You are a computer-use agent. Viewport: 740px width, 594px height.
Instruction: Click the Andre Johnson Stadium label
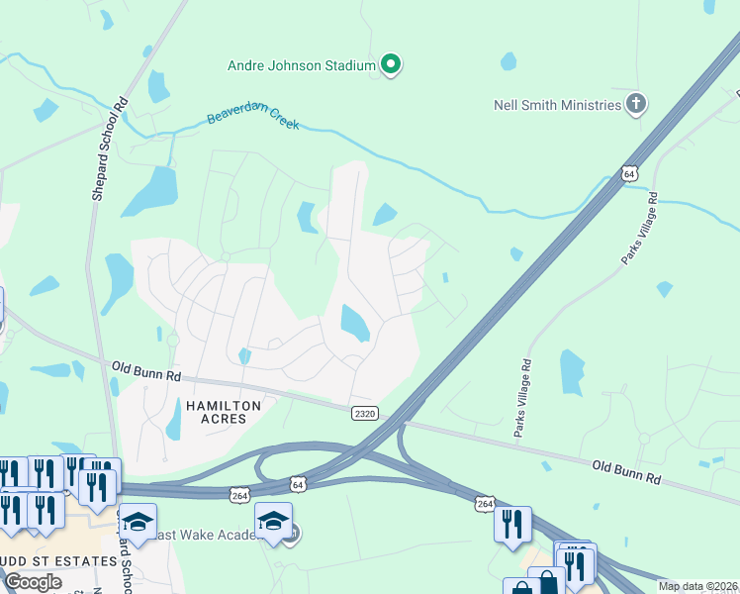302,66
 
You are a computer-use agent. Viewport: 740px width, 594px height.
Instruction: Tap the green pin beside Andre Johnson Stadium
391,65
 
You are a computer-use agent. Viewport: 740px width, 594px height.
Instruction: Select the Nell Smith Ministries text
558,104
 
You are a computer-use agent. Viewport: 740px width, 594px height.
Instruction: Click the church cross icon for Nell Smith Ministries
636,103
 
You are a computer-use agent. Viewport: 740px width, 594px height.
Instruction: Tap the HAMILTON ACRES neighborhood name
224,414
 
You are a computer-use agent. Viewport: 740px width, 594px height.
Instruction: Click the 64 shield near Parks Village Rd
630,173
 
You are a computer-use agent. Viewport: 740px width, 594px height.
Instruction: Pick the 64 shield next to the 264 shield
298,484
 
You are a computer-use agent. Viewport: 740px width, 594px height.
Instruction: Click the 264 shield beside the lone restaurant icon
484,504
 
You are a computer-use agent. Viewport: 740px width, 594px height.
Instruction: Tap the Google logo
33,582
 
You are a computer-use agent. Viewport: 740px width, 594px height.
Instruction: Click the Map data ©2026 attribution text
697,586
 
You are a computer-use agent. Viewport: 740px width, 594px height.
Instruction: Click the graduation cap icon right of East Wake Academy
274,521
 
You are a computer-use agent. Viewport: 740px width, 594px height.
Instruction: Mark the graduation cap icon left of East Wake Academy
138,522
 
